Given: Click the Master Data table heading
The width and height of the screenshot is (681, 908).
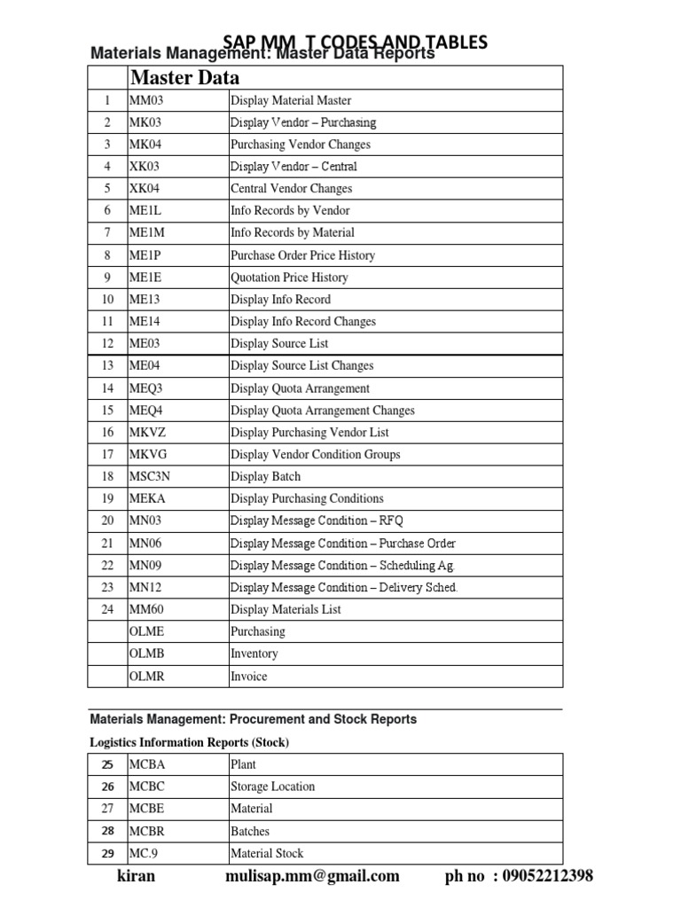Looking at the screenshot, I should point(184,77).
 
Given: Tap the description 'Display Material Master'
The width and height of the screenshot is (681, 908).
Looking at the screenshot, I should point(291,100).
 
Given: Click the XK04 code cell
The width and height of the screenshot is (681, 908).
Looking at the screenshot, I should point(145,188).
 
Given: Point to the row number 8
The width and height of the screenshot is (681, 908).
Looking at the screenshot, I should point(107,255).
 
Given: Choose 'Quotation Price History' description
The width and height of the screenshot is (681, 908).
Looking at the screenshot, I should point(289,278).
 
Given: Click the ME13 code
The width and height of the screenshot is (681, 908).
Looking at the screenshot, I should point(145,300).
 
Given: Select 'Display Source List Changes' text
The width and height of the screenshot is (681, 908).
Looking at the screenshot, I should point(301,365).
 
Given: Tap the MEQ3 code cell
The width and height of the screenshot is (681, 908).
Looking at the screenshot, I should point(147,388).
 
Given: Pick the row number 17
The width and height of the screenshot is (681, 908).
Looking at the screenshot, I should point(107,454).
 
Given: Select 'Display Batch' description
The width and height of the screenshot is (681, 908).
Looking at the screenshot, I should point(265,476).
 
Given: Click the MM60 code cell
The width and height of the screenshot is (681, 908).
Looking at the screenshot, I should point(146,609).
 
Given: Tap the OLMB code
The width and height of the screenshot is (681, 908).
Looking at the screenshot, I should point(147,654).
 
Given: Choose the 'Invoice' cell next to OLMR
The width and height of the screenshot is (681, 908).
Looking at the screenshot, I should point(248,676).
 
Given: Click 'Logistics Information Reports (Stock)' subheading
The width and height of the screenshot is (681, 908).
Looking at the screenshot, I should point(190,742).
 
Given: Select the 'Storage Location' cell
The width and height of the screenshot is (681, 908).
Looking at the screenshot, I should point(272,787).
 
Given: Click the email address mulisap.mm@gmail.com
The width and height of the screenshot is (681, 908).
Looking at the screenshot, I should point(312,876).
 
